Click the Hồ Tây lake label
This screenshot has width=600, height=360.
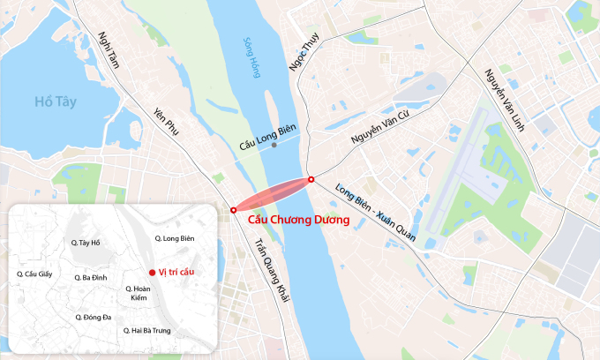[56, 101]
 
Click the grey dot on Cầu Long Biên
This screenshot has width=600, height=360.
[274, 145]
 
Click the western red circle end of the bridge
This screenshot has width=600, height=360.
[233, 210]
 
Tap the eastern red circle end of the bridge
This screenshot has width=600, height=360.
[311, 179]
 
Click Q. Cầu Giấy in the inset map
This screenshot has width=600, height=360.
[36, 274]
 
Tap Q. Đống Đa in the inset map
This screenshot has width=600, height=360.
[93, 316]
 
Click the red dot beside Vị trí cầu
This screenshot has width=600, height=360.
[152, 273]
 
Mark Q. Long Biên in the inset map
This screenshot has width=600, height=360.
[174, 239]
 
